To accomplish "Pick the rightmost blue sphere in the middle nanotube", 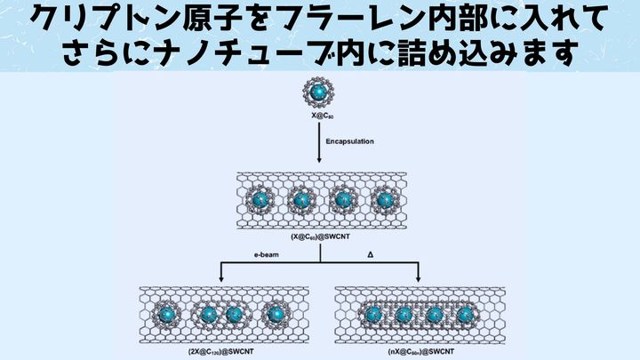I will point(385,200).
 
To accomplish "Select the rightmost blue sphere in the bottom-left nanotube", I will point(274,313).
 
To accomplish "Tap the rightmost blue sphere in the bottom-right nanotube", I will point(465,313).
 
